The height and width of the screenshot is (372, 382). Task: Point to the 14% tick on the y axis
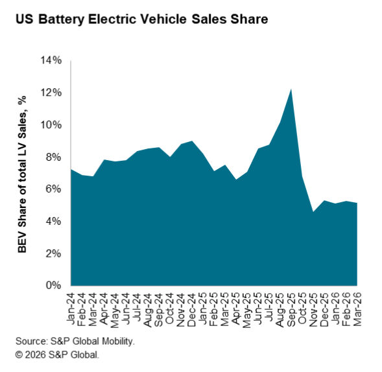pyautogui.click(x=49, y=60)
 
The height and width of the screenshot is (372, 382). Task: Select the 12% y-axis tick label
pyautogui.click(x=49, y=93)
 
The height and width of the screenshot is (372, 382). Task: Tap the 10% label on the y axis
pyautogui.click(x=49, y=124)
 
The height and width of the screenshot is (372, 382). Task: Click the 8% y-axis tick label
pyautogui.click(x=52, y=157)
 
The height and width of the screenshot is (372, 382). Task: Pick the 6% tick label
pyautogui.click(x=52, y=189)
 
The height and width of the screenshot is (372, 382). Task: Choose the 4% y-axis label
pyautogui.click(x=52, y=221)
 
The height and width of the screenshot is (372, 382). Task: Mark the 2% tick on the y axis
pyautogui.click(x=52, y=253)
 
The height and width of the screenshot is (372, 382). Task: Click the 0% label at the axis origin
pyautogui.click(x=52, y=285)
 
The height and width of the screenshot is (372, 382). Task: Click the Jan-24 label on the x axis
pyautogui.click(x=71, y=306)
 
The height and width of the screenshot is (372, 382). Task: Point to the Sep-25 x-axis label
pyautogui.click(x=291, y=306)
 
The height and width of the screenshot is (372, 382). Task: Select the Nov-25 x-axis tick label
pyautogui.click(x=313, y=306)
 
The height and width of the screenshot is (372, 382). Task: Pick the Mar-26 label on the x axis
pyautogui.click(x=357, y=306)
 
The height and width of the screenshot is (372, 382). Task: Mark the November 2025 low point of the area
pyautogui.click(x=313, y=211)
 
